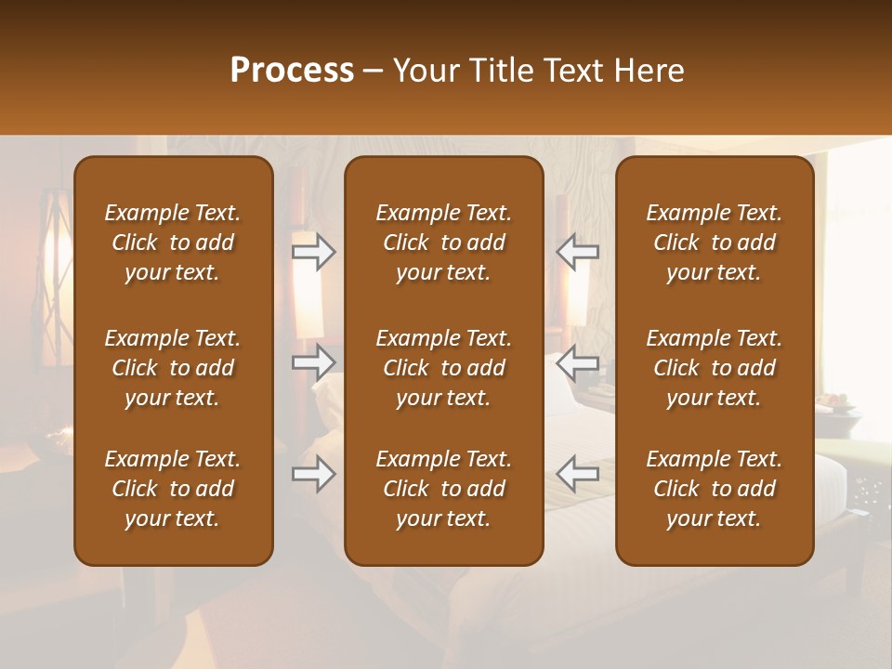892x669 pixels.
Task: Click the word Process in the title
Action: click(292, 71)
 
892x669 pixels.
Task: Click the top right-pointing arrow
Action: click(313, 252)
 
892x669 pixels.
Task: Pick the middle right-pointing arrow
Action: click(313, 361)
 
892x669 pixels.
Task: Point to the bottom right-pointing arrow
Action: click(313, 474)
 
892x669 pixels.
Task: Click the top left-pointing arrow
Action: click(577, 252)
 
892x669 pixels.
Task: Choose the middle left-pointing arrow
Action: click(577, 361)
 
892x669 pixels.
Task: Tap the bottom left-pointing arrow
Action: click(577, 474)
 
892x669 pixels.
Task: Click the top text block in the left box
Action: click(173, 243)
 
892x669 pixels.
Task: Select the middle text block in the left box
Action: click(173, 368)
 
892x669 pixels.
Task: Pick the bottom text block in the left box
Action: click(173, 489)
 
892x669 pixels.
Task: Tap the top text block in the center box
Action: click(443, 243)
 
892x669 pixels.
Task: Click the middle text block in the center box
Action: click(443, 368)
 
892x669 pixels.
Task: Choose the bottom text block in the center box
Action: click(443, 489)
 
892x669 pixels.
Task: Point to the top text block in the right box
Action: click(714, 243)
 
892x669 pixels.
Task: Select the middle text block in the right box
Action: click(714, 368)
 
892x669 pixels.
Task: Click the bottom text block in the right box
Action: click(714, 489)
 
